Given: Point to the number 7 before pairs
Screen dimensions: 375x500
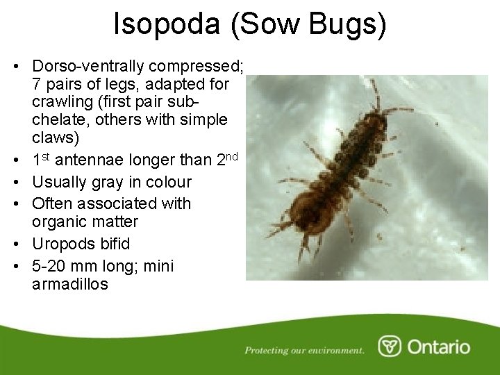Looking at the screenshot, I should [x=36, y=85].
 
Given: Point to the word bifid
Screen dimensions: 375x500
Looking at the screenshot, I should [x=112, y=244].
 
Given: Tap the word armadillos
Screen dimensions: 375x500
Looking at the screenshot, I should [x=70, y=284].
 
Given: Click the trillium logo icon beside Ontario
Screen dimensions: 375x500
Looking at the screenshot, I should [x=389, y=347].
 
